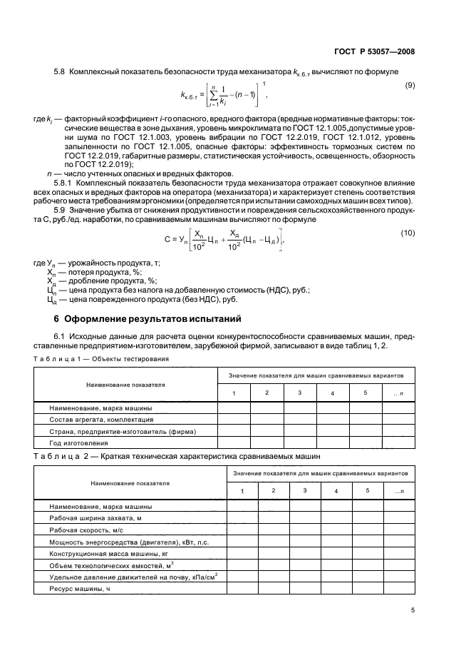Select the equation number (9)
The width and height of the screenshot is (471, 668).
410,86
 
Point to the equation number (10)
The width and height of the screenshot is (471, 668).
410,233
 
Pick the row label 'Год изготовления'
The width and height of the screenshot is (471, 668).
78,443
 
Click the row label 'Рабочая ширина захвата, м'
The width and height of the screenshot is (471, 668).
94,518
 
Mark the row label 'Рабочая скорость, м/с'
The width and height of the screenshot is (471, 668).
86,530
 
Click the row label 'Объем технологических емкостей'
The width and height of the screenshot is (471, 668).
103,565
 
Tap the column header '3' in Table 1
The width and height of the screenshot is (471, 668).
300,393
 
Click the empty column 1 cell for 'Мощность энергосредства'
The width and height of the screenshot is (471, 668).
243,542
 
